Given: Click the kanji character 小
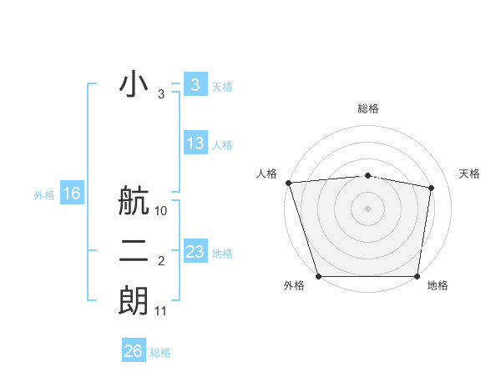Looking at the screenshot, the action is coord(134,86).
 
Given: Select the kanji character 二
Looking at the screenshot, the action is coord(134,250).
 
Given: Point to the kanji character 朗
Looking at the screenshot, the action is coord(134,300).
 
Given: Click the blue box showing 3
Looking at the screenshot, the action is coord(195,84).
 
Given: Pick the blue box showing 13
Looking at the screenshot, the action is coord(195,143).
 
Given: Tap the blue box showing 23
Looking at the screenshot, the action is coord(195,251).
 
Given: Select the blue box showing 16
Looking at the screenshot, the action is coord(72,193).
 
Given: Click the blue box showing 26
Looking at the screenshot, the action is coord(133,351).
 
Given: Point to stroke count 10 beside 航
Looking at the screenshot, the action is coord(161,211).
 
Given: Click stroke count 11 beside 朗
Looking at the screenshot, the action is coord(161,311).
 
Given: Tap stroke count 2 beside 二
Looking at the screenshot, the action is coord(161,261).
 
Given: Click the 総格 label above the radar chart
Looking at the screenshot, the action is coord(368,108).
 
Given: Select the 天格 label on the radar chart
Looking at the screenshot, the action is coord(470,173).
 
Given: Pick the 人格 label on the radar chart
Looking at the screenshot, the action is coord(266,173).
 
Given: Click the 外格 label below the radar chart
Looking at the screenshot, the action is coord(294,286).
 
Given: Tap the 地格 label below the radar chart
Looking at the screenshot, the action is coord(438,286).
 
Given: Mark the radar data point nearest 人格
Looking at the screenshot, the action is coord(288,183).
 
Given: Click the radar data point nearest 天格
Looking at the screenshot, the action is coord(432,188).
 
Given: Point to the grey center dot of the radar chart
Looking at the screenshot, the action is coord(368,208).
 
